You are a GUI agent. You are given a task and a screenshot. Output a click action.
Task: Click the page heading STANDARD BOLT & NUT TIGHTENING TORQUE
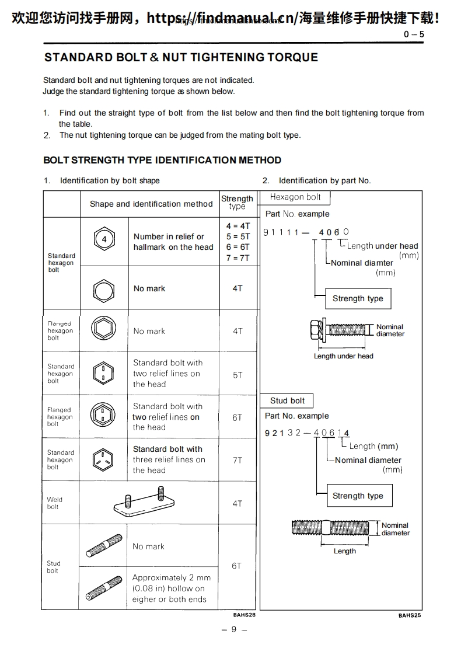(181, 57)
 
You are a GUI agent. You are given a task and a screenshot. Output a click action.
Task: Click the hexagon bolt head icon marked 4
(104, 240)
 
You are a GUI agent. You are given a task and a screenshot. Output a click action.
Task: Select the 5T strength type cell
(238, 375)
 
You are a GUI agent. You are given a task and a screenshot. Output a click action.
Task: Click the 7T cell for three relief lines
(238, 460)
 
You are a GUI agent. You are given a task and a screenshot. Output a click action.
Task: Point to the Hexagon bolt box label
(295, 197)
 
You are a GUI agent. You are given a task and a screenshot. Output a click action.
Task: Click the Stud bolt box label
(287, 401)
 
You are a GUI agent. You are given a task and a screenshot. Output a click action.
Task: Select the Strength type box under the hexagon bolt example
(358, 299)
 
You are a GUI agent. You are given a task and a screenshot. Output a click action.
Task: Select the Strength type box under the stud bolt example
(358, 496)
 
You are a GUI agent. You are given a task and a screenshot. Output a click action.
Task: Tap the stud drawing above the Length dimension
(330, 528)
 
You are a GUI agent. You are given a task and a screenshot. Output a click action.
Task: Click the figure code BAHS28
(245, 615)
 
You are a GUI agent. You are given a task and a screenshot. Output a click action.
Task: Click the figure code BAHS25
(410, 615)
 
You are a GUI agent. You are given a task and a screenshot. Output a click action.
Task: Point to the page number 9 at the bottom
(233, 629)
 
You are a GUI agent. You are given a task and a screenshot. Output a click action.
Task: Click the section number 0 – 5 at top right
(414, 34)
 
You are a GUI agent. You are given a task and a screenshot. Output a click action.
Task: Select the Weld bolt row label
(54, 503)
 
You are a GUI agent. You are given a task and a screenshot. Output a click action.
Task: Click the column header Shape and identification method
(151, 204)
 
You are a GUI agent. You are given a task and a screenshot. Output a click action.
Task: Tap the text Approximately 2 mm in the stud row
(172, 578)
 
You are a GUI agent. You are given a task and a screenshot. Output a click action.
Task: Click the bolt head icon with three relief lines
(104, 460)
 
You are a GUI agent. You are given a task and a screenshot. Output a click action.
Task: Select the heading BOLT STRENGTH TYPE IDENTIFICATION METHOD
(162, 160)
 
